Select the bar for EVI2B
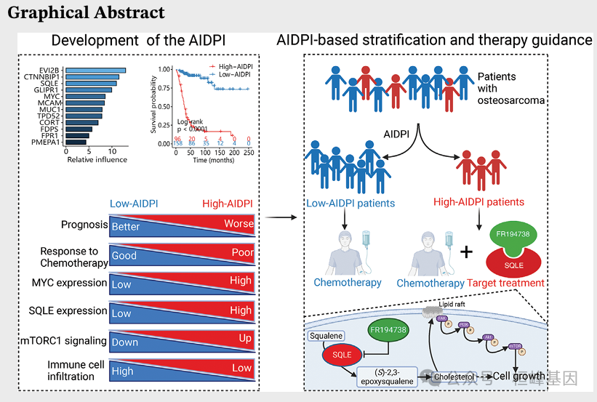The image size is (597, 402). coord(95,71)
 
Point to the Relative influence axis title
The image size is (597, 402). coord(97,160)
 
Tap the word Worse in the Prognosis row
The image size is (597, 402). coord(239,224)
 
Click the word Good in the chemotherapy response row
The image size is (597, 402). coord(124,256)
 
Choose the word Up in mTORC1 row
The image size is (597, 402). coord(246,339)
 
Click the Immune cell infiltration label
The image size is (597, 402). coord(71,370)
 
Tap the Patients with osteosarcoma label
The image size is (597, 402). coord(510,88)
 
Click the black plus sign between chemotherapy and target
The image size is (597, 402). coord(466,252)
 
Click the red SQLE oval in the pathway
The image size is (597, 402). coord(342,355)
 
